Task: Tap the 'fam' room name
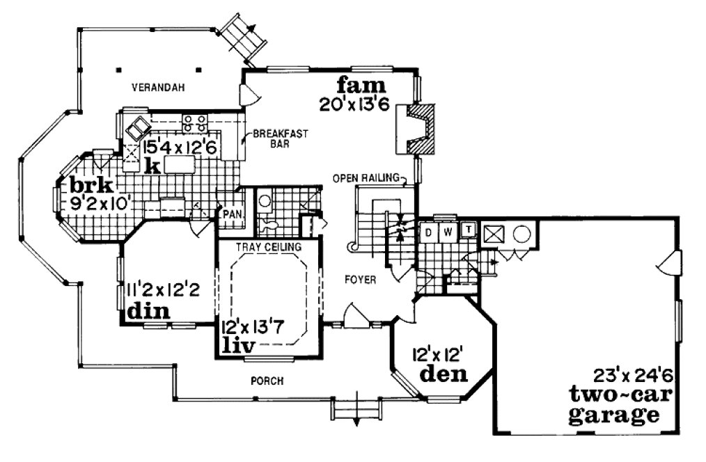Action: point(361,86)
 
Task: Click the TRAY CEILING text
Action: point(268,247)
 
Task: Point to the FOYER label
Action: point(361,280)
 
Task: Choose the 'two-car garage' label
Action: point(613,405)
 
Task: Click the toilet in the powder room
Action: point(269,225)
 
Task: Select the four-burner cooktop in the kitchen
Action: point(195,123)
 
